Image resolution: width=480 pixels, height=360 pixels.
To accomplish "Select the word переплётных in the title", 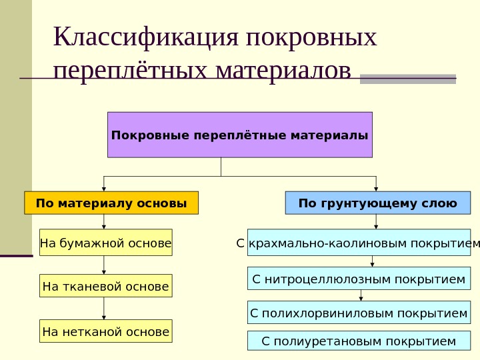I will [130, 69].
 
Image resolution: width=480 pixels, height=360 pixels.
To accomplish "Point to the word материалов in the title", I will [283, 69].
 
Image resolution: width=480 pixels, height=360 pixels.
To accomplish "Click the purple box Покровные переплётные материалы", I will [239, 135].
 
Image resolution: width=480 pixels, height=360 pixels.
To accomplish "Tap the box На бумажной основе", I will [105, 243].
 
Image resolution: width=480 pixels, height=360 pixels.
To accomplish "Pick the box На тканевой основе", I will [105, 286].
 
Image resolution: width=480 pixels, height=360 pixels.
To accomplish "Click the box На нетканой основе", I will [105, 331].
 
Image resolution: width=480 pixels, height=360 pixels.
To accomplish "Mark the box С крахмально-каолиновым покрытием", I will [359, 243].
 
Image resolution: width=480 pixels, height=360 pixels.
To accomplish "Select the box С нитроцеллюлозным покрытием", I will [359, 279].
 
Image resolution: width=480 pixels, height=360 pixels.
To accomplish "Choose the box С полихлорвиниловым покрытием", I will [359, 312].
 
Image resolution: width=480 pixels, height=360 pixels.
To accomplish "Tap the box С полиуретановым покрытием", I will [359, 341].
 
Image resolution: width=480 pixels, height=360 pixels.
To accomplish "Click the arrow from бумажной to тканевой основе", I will [105, 265].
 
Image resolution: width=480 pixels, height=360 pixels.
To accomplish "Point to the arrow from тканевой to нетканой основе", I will [105, 308].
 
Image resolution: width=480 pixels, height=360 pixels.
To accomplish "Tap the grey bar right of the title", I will [407, 79].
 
